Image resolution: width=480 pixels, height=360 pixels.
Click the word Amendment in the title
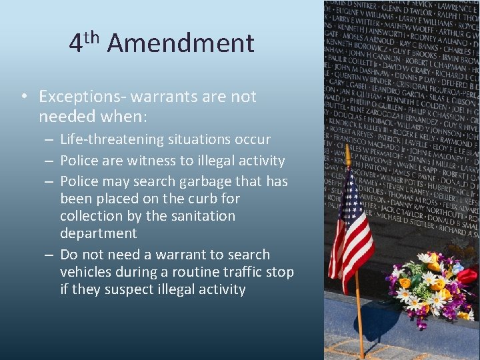[x=180, y=43]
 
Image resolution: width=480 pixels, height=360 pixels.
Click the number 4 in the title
[x=76, y=44]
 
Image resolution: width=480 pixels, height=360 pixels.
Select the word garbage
[x=204, y=181]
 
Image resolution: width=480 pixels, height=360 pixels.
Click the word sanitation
[x=201, y=216]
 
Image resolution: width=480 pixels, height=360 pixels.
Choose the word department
[x=98, y=233]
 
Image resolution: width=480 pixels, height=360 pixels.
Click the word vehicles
[x=85, y=272]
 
